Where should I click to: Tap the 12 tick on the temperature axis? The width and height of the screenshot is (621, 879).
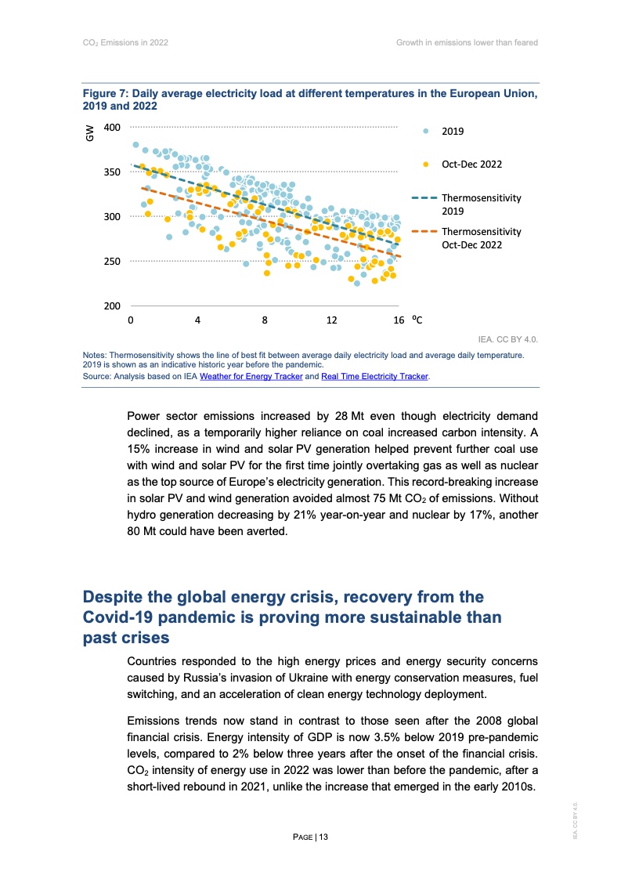(332, 320)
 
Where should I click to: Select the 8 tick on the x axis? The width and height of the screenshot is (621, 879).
(265, 320)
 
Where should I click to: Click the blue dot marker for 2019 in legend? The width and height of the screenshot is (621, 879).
(425, 132)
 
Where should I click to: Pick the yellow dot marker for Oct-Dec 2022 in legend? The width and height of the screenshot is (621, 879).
(425, 165)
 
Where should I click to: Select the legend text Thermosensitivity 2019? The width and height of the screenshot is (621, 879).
(481, 204)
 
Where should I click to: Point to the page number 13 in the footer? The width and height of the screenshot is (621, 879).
(323, 837)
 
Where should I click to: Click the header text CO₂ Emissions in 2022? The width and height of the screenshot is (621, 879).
(125, 42)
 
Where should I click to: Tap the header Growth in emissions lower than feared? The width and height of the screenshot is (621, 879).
(467, 42)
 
